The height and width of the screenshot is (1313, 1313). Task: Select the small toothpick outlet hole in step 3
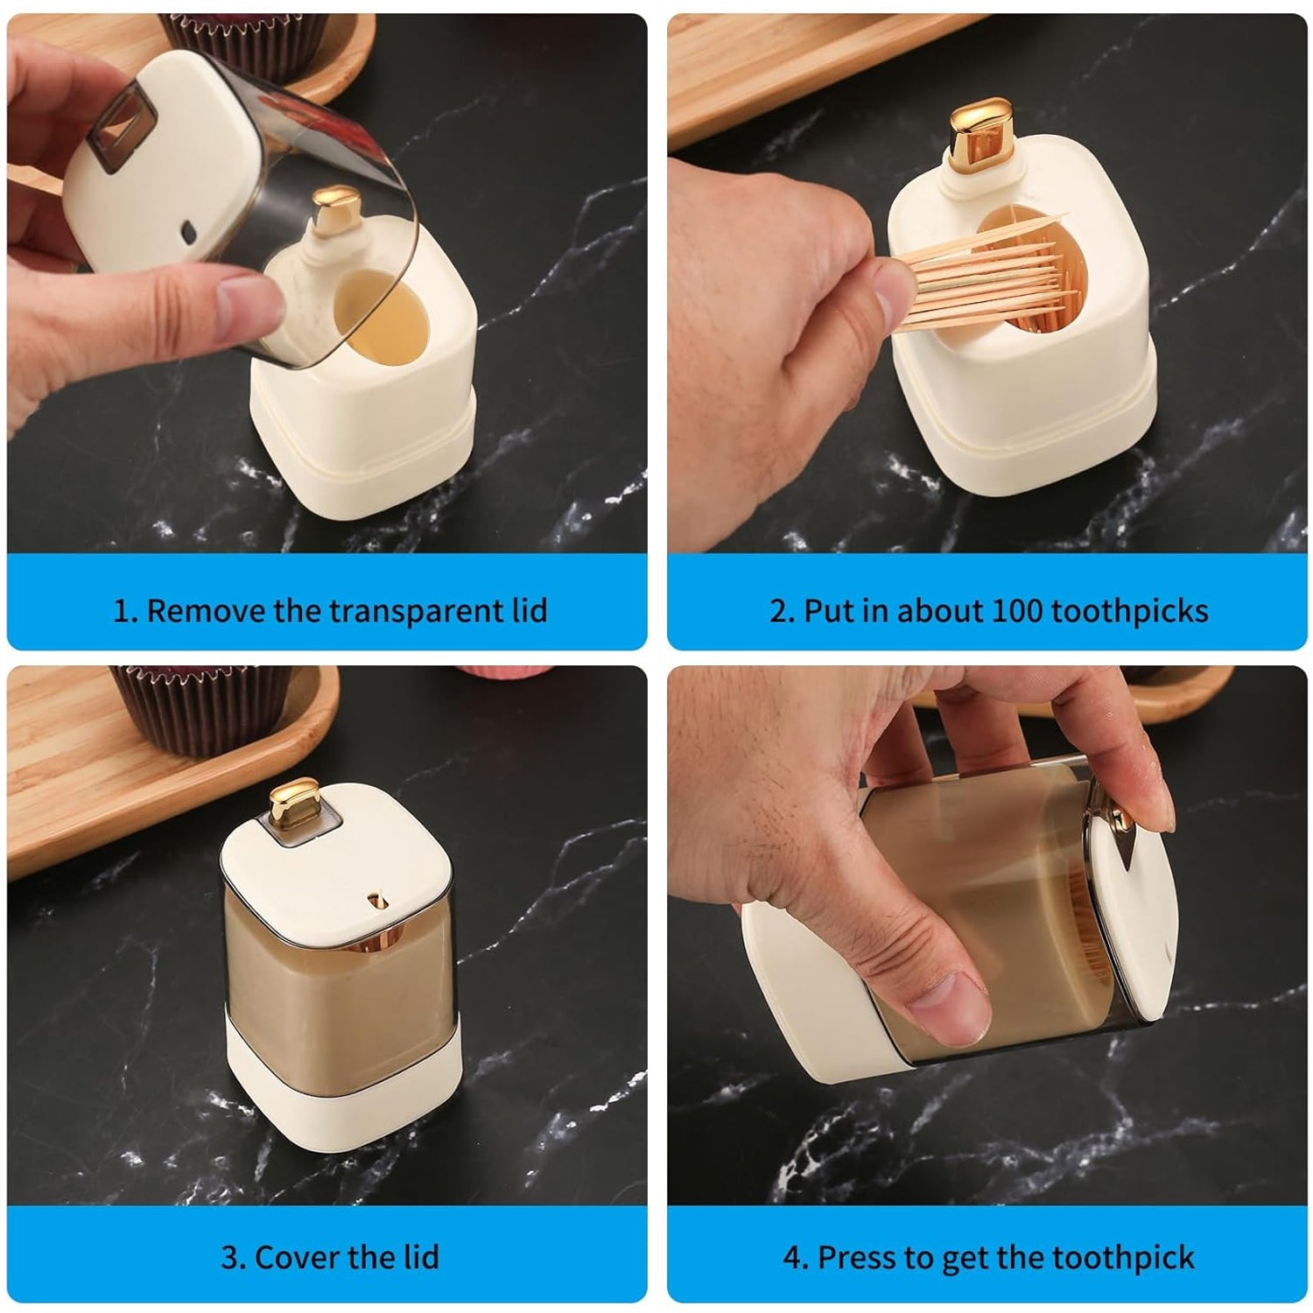(379, 899)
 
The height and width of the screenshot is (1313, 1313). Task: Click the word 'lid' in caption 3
(420, 1257)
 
